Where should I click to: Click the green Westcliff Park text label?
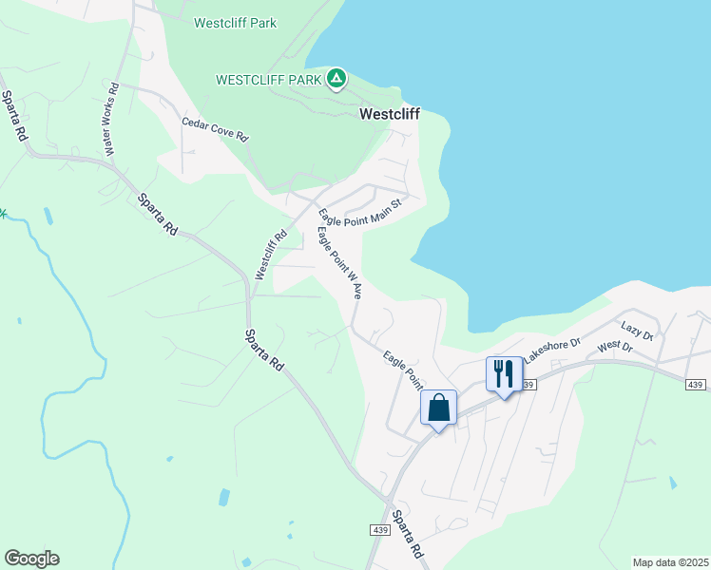(x=235, y=23)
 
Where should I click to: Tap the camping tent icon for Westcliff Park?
(x=336, y=79)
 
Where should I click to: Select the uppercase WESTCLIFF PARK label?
(x=269, y=80)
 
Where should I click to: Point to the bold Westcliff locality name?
(x=389, y=114)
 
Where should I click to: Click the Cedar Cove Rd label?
(x=216, y=130)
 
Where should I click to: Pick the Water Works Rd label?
(x=111, y=120)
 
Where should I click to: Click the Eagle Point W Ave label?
(x=339, y=263)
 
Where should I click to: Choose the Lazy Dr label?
(x=638, y=331)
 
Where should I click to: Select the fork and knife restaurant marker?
(x=504, y=373)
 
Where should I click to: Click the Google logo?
(x=31, y=559)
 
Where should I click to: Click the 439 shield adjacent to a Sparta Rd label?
(x=374, y=529)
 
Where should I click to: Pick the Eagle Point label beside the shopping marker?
(x=403, y=370)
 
